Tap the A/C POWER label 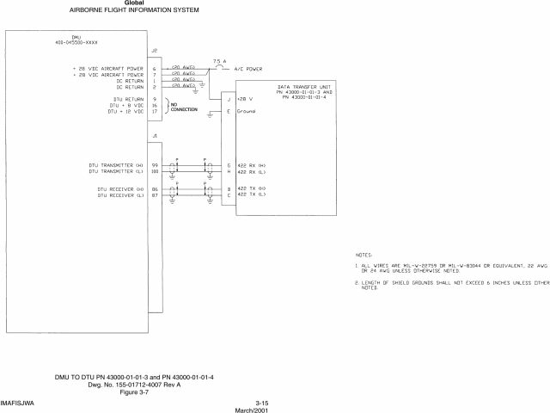(x=244, y=68)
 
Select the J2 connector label (x=154, y=51)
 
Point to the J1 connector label (x=154, y=136)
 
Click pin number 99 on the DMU (x=155, y=164)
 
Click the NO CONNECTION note (x=183, y=107)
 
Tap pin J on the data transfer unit (x=228, y=100)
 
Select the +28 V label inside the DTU (x=244, y=100)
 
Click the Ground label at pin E (x=246, y=112)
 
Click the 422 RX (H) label (x=252, y=164)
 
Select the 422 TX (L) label (x=251, y=194)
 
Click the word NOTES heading (x=364, y=255)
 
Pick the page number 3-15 (x=263, y=403)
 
